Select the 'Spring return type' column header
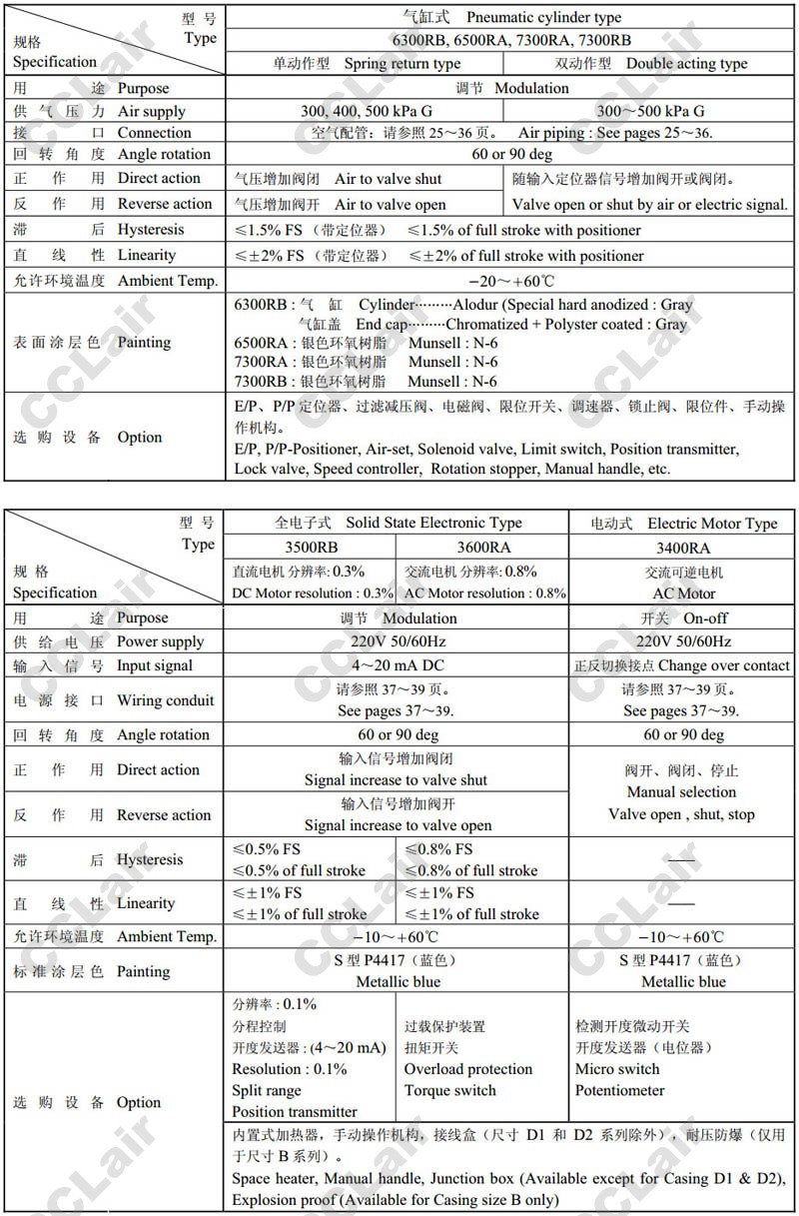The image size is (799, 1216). point(402,64)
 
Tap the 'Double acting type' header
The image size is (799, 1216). point(686,64)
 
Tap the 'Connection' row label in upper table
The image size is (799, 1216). point(155,133)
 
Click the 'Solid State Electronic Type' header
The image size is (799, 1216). point(433,523)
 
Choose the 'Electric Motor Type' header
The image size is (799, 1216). point(712,523)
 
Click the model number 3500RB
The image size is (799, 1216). point(311,548)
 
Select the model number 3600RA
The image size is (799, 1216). point(482,548)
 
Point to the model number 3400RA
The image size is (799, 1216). point(683,548)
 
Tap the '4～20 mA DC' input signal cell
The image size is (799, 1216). point(398,665)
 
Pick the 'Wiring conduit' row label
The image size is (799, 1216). point(166,700)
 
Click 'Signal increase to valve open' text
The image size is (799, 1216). point(398,825)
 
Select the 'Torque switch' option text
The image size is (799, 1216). point(449,1090)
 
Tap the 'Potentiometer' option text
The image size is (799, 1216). point(619,1090)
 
